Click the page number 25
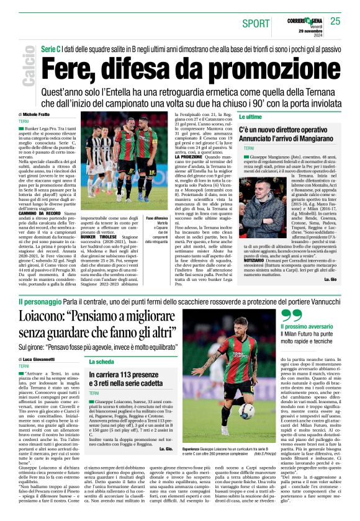tap(336, 21)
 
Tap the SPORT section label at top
tap(256, 23)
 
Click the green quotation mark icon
tap(291, 316)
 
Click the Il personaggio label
tap(40, 302)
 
